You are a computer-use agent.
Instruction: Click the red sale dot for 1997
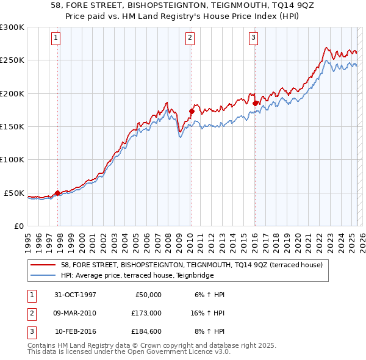coord(58,193)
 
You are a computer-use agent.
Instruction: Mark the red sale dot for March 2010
coord(191,112)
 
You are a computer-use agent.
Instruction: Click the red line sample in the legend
coord(44,265)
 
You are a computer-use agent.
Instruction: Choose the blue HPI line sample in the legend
coord(44,275)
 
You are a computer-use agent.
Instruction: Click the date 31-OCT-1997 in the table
coord(75,295)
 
